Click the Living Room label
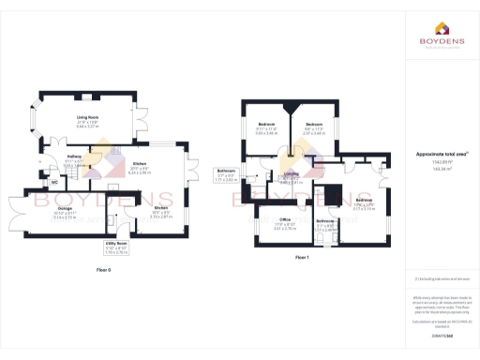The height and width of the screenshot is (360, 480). pos(87,117)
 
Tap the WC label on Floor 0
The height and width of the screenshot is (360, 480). pos(54,182)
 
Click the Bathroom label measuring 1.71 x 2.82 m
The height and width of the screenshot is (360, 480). pos(225,172)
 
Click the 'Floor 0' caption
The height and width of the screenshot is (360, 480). pos(104,270)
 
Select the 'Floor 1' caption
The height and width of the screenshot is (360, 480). pos(302,257)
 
